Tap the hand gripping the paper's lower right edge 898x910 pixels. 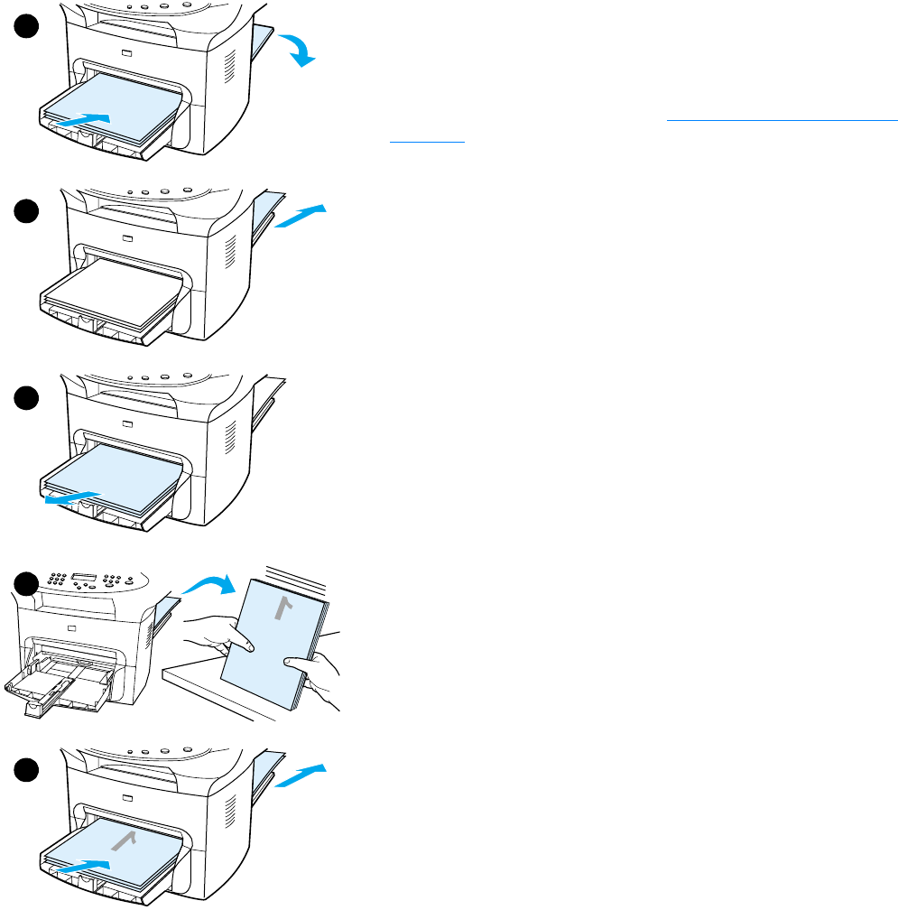tap(315, 673)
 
